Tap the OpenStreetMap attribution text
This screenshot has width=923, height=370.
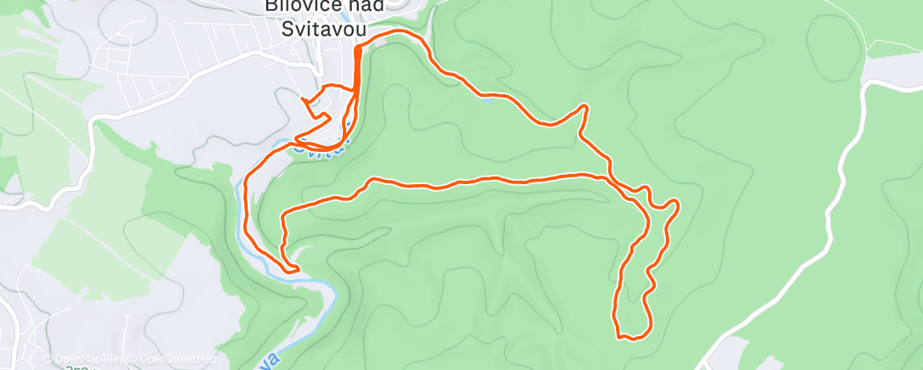click(x=177, y=359)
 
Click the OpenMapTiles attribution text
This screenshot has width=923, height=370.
click(x=84, y=359)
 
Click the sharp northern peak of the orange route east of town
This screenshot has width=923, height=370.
click(x=585, y=106)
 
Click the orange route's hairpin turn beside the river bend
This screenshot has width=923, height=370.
click(x=297, y=270)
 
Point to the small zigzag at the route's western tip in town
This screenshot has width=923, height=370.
click(x=307, y=102)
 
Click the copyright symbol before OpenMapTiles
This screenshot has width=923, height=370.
click(x=48, y=359)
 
